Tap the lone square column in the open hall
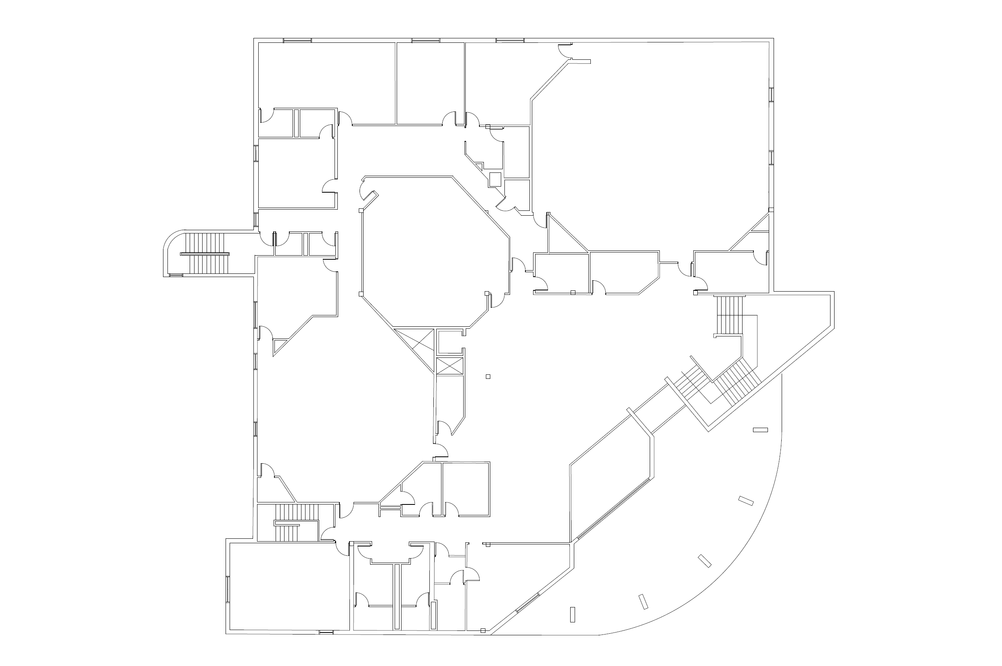(x=488, y=376)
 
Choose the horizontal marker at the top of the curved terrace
(x=760, y=430)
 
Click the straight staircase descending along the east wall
(x=730, y=315)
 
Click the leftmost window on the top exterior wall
(x=297, y=40)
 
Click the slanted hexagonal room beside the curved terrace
(x=611, y=476)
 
